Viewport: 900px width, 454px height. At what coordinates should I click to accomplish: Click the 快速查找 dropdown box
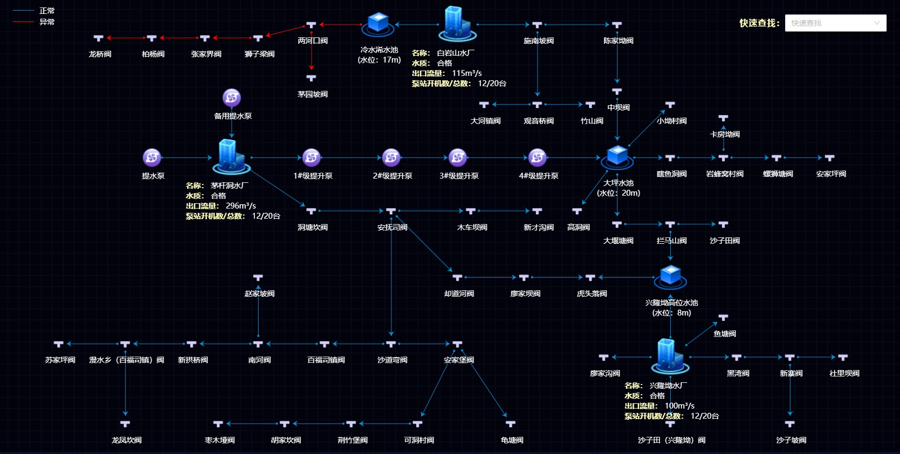[x=835, y=23]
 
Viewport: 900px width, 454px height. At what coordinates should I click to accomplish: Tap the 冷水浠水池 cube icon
[x=378, y=24]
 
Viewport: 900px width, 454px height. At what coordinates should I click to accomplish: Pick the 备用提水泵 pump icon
[x=231, y=98]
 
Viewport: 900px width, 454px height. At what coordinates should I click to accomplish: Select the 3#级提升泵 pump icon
[x=457, y=158]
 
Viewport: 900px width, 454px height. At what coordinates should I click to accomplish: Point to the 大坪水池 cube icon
[x=617, y=156]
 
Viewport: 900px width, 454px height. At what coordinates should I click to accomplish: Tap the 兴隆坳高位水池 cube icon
[x=670, y=276]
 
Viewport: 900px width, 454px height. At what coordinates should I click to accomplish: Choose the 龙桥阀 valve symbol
[x=98, y=39]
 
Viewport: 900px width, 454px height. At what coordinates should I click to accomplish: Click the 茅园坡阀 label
[x=313, y=94]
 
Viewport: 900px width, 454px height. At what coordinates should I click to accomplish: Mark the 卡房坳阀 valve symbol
[x=723, y=118]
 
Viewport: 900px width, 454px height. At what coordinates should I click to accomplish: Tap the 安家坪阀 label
[x=831, y=174]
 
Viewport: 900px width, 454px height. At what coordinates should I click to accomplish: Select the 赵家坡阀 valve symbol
[x=258, y=278]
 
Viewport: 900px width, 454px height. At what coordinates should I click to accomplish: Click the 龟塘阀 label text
[x=512, y=440]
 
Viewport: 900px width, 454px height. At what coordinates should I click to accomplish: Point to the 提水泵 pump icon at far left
[x=152, y=158]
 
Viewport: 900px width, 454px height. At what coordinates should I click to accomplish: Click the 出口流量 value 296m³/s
[x=240, y=206]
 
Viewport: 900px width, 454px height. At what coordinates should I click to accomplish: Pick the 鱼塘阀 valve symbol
[x=723, y=318]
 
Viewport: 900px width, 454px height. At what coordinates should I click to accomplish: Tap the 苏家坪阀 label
[x=60, y=360]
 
